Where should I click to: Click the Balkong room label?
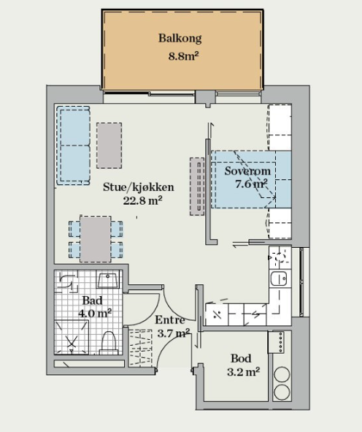pyautogui.click(x=180, y=38)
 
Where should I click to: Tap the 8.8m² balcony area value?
pyautogui.click(x=183, y=56)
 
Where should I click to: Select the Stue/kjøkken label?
pyautogui.click(x=139, y=187)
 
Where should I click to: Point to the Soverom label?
pyautogui.click(x=247, y=171)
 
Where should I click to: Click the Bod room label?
pyautogui.click(x=241, y=358)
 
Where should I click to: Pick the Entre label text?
pyautogui.click(x=170, y=320)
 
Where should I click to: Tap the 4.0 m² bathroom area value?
pyautogui.click(x=95, y=314)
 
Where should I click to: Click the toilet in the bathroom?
pyautogui.click(x=108, y=344)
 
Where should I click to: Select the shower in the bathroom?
pyautogui.click(x=72, y=337)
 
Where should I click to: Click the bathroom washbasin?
pyautogui.click(x=108, y=279)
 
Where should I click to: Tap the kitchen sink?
pyautogui.click(x=279, y=278)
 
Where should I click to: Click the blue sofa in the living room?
pyautogui.click(x=73, y=145)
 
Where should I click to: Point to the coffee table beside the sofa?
pyautogui.click(x=109, y=145)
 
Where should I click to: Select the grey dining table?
pyautogui.click(x=96, y=239)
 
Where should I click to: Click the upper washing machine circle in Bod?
pyautogui.click(x=282, y=374)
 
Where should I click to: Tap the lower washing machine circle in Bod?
pyautogui.click(x=282, y=392)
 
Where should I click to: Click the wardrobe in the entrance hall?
pyautogui.click(x=140, y=348)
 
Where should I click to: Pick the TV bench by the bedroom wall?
pyautogui.click(x=197, y=186)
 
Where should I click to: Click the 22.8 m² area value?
pyautogui.click(x=142, y=201)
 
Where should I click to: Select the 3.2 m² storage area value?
pyautogui.click(x=244, y=372)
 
